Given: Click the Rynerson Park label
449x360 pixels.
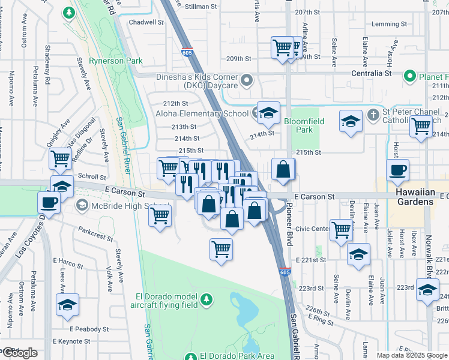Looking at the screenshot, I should (116, 61).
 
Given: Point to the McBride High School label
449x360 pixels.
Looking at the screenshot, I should (119, 206).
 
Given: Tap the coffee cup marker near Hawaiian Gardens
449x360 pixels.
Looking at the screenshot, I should (397, 170).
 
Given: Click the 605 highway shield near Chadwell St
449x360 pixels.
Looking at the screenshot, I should (187, 52).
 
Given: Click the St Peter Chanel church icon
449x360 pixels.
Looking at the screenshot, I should (372, 113).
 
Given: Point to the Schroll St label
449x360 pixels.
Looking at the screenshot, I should (92, 178).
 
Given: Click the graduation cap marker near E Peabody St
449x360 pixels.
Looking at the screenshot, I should (68, 304).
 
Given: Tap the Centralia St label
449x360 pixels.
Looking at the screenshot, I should (372, 73).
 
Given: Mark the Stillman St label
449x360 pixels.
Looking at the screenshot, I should (201, 7).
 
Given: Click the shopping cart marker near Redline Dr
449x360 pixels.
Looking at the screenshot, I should (61, 160).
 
